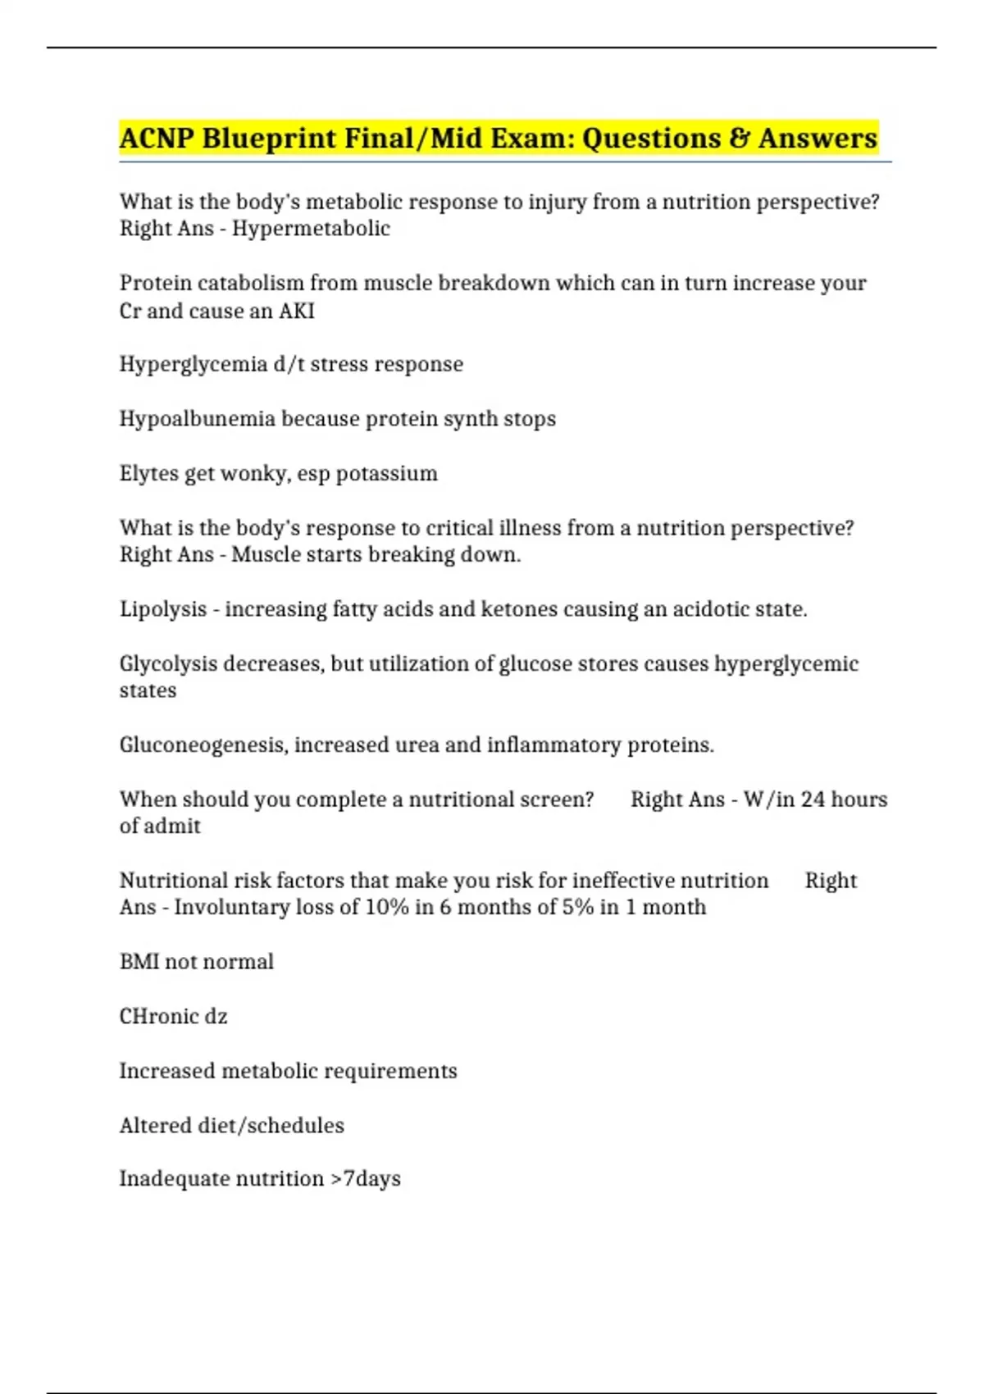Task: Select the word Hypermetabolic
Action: coord(311,229)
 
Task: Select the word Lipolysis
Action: coord(163,609)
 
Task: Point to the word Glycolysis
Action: coord(168,663)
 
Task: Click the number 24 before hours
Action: coord(813,799)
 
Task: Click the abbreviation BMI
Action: coord(139,962)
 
